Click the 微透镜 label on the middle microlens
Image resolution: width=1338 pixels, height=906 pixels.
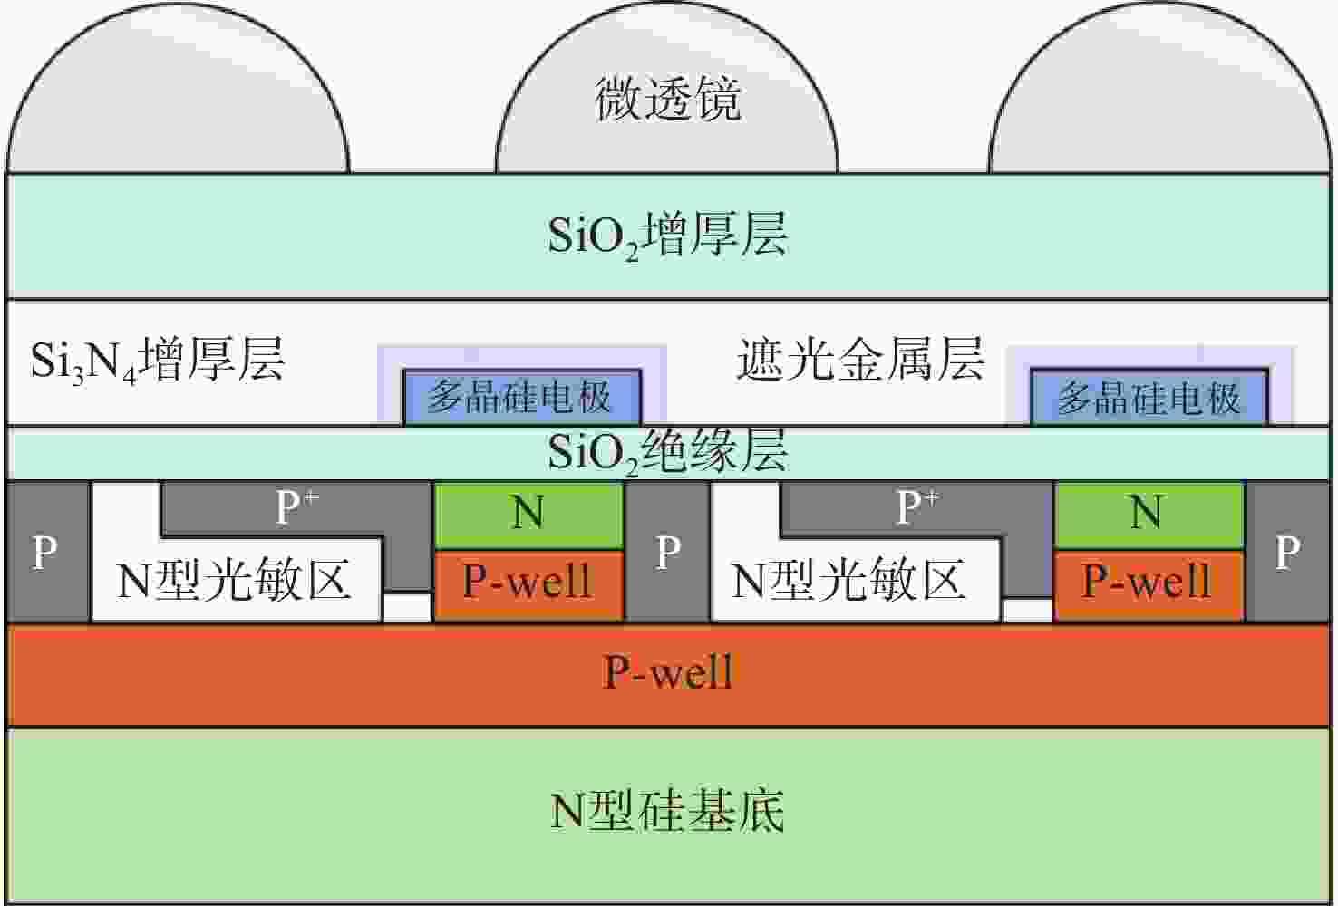pos(668,99)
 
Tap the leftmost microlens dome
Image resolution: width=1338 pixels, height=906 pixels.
pos(177,100)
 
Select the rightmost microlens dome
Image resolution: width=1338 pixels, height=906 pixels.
pos(1159,100)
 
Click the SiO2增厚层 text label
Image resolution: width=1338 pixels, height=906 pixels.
pos(668,235)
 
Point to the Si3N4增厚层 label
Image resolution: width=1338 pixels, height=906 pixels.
pos(158,360)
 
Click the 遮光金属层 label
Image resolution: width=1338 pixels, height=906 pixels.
pos(860,360)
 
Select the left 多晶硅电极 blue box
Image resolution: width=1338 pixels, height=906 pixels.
pos(521,397)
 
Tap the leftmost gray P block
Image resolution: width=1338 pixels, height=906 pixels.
pos(46,552)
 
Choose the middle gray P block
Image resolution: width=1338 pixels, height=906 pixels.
pos(668,552)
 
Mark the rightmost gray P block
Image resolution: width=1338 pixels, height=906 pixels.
pos(1287,552)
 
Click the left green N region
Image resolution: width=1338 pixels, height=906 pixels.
pos(528,514)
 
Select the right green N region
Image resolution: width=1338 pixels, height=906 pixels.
pos(1148,513)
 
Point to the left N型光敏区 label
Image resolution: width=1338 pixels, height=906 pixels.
pos(234,581)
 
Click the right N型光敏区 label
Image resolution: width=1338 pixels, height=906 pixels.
pos(848,581)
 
